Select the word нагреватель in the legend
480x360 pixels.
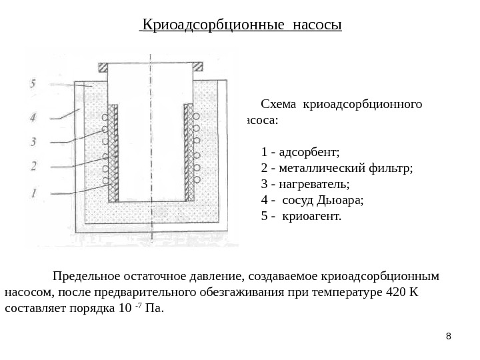317,183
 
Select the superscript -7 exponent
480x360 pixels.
138,305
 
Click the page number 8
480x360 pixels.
448,335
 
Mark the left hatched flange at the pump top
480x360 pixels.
103,67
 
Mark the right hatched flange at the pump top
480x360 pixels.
198,67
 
